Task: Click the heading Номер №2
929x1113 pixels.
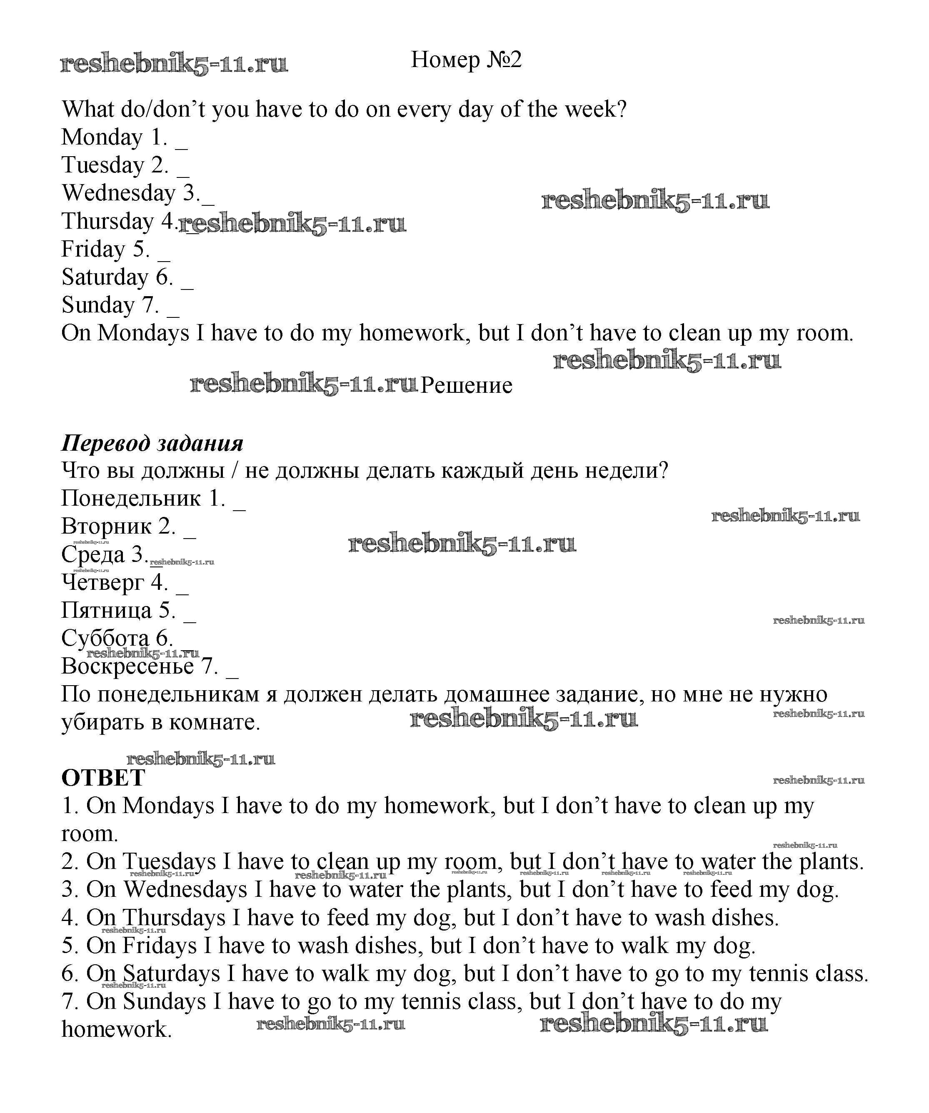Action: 466,60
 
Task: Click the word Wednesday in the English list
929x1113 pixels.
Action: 118,193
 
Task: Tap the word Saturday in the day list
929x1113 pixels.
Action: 105,277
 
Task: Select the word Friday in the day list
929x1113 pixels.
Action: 93,249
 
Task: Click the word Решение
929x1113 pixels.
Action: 466,385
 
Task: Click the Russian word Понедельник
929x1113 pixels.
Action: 131,498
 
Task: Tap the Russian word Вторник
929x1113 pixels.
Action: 106,526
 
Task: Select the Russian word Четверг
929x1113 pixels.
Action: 102,582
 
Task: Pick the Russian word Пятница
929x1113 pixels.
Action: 106,610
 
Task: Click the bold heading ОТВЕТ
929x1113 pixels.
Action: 103,778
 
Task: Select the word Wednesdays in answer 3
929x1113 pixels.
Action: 185,889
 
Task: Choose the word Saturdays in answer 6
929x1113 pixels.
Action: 171,973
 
